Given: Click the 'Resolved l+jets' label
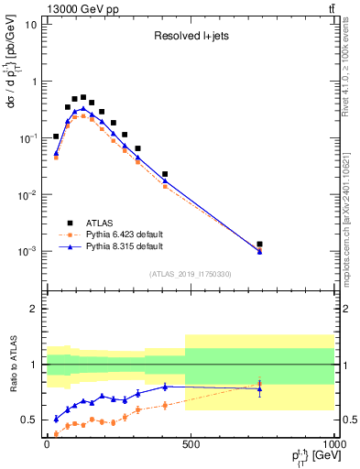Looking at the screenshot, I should tap(190, 38).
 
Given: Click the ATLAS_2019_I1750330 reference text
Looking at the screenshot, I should tap(190, 274).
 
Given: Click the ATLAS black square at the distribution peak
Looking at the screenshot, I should tap(83, 97).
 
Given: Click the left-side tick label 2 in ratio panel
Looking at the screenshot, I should tap(35, 309).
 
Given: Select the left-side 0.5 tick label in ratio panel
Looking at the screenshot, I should tap(30, 420).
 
